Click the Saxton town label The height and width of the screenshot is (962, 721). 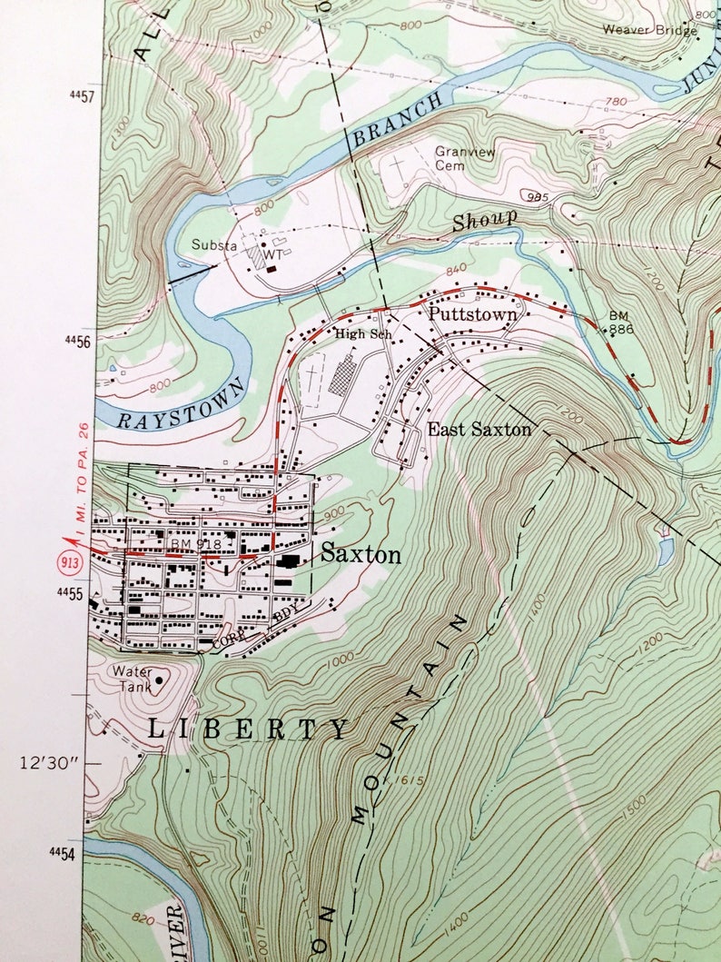(x=360, y=554)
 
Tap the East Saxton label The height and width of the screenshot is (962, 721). (x=479, y=430)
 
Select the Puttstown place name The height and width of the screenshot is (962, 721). (x=473, y=315)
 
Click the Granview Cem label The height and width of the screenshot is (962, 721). (x=463, y=159)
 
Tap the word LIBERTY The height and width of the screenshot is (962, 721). (x=248, y=728)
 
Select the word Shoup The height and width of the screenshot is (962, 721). (x=485, y=219)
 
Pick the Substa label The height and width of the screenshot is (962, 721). (x=212, y=245)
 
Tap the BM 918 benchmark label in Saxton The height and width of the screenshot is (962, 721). (x=189, y=543)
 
